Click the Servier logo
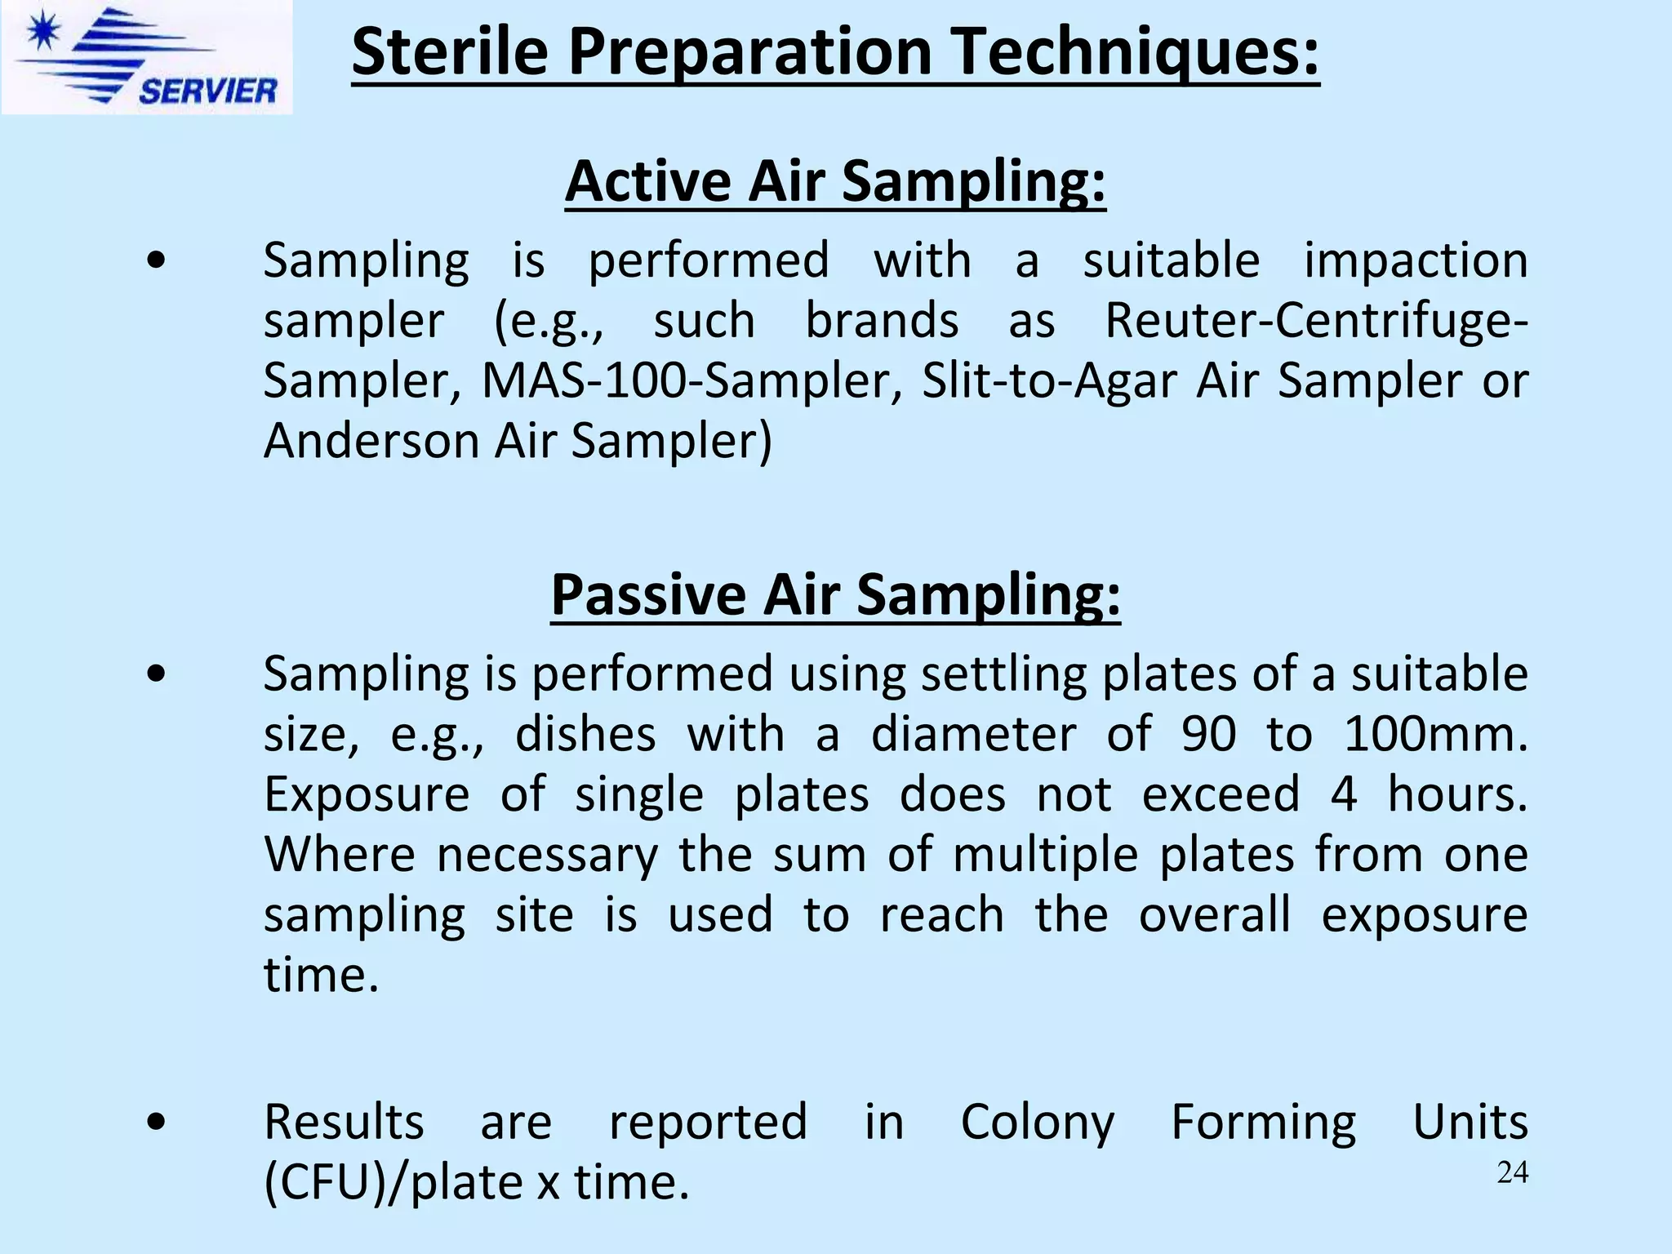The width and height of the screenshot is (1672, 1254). [x=147, y=57]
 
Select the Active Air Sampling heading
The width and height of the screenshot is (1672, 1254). [x=835, y=180]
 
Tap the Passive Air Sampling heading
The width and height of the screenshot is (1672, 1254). [x=835, y=594]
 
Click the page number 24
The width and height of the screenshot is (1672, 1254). [x=1512, y=1172]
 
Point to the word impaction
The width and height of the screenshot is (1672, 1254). [x=1415, y=260]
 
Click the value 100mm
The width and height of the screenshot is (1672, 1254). [x=1434, y=734]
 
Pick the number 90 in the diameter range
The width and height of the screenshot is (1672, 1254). [x=1208, y=734]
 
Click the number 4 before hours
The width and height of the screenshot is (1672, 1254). [x=1344, y=794]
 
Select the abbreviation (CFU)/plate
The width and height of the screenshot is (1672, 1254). [x=393, y=1182]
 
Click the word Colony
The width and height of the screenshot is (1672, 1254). [x=1037, y=1122]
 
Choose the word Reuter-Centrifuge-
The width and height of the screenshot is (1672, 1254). [x=1316, y=320]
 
